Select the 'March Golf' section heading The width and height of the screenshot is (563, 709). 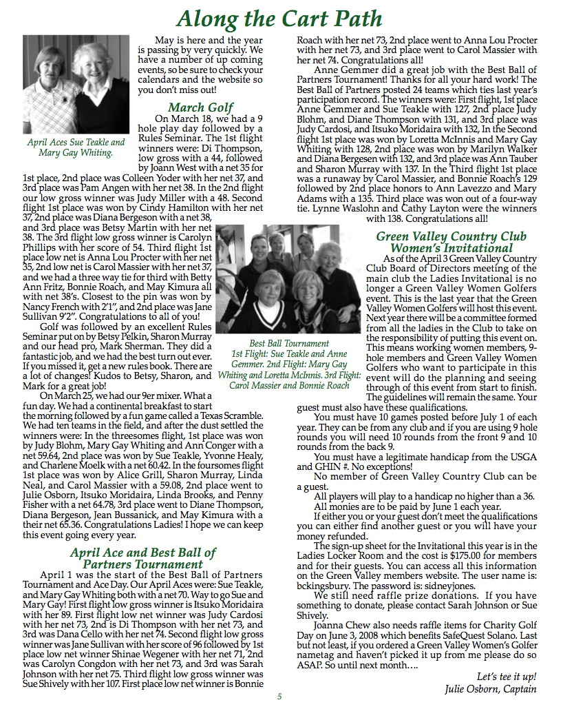[x=200, y=107]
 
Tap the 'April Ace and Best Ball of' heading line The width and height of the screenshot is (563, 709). [x=142, y=552]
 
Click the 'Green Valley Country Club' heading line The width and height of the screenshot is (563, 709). [x=451, y=236]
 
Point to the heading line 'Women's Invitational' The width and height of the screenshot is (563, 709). [x=451, y=247]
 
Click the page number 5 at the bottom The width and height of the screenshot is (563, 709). [x=279, y=696]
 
